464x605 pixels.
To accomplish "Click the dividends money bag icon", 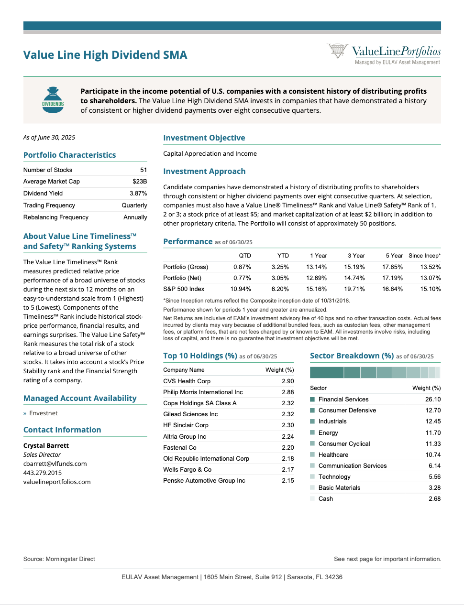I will coord(53,100).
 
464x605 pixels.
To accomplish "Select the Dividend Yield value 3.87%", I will coord(138,194).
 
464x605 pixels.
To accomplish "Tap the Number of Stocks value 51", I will coord(144,170).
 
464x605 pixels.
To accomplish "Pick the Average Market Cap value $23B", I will coord(140,182).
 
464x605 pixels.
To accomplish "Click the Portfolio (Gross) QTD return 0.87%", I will coord(242,267).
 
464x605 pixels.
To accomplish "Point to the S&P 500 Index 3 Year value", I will coord(354,289).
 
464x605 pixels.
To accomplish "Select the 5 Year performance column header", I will coord(394,256).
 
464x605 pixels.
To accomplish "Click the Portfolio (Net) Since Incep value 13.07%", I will coord(430,278).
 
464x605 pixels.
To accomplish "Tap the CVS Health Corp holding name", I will coord(187,381).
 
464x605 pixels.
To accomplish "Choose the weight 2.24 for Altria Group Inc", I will coord(287,437).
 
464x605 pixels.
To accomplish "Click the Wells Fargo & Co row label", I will coord(188,470).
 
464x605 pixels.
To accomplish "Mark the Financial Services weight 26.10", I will coord(432,400).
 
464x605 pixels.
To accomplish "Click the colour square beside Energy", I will coord(312,432).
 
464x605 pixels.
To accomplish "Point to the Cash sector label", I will coord(326,499).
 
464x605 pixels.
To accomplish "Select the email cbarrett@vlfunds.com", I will coord(55,464).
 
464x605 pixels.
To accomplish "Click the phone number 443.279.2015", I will coord(43,473).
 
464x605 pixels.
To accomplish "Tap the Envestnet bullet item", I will coord(43,413).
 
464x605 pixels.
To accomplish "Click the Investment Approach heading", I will coord(204,172).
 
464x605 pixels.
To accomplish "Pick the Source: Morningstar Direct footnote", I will coord(59,559).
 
